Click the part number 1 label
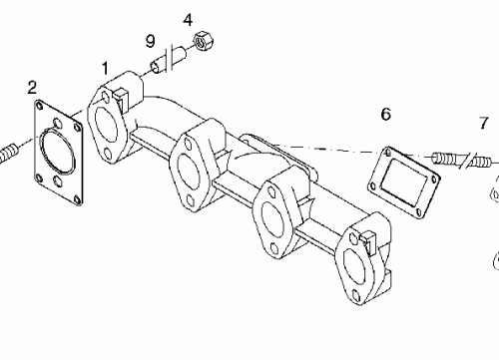tap(105, 67)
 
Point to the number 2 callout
tap(32, 88)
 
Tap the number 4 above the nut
tap(189, 19)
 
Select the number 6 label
tap(385, 115)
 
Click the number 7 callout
tap(483, 124)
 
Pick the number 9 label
tap(150, 41)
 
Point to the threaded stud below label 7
tap(449, 158)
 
